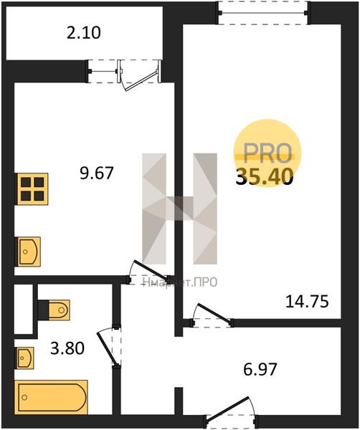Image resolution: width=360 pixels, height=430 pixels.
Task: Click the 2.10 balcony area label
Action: pos(84,33)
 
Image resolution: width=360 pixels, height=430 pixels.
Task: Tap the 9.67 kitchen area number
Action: pos(97,173)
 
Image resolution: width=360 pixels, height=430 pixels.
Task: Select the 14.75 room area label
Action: pos(307,302)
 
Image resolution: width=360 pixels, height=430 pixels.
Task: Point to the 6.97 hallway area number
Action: pos(260,369)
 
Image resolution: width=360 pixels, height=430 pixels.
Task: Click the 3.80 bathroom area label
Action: pos(67,348)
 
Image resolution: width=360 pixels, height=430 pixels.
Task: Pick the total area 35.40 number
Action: pos(265,176)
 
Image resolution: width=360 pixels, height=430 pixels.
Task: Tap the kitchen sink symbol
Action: pos(29,252)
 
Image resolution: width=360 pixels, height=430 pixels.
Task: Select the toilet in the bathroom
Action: pos(59,310)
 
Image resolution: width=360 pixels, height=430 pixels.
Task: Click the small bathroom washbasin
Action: pos(25,358)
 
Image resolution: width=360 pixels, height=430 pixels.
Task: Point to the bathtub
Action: pos(51,397)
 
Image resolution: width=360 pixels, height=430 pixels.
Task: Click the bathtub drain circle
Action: pos(24,397)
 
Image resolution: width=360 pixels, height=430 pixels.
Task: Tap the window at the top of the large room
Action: pos(263,12)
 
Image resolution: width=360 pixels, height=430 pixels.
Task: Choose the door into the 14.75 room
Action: pos(212,316)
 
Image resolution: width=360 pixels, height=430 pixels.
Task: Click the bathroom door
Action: pos(110,346)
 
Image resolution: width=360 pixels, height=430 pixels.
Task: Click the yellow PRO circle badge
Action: pos(267,153)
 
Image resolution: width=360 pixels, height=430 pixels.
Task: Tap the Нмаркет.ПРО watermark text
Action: pos(180,282)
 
